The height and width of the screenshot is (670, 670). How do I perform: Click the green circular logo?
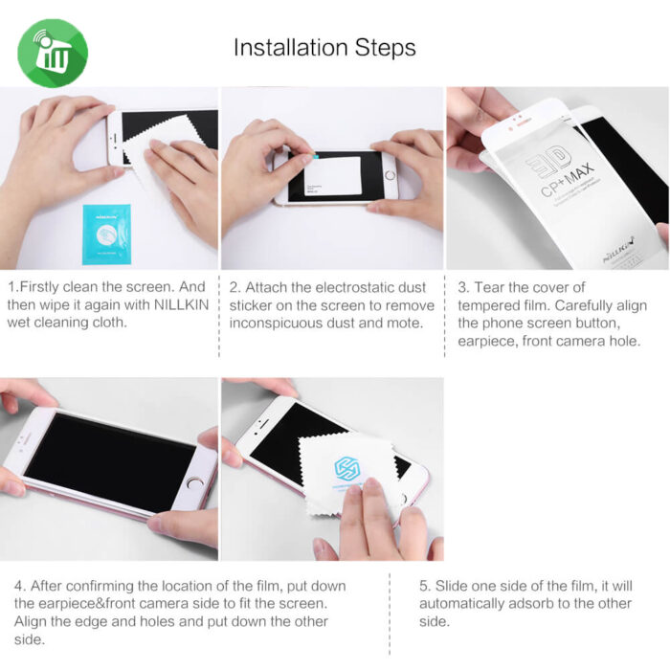53,53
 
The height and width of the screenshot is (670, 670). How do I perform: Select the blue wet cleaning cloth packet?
106,234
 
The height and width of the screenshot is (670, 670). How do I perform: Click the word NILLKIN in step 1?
181,304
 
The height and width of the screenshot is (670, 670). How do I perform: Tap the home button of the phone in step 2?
390,175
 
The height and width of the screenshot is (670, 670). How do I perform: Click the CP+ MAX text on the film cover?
567,180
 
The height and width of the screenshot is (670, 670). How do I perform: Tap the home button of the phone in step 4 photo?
194,483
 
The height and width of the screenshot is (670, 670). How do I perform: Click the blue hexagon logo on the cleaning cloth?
347,468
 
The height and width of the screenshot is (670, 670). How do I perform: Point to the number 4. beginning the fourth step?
20,586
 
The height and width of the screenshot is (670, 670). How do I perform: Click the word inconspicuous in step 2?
276,324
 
